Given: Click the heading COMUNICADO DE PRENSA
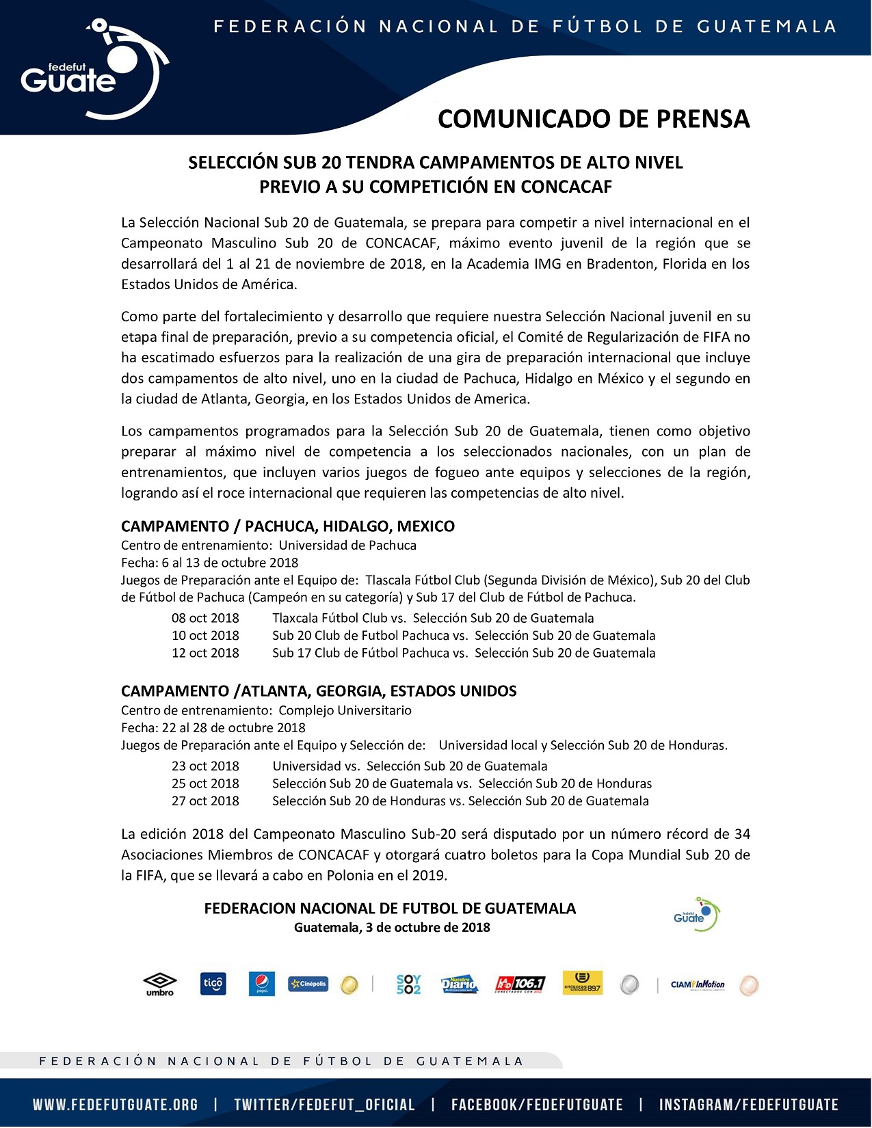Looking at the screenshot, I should (593, 119).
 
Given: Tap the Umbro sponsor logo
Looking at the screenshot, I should (160, 984).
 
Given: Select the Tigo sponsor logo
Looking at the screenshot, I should (213, 984).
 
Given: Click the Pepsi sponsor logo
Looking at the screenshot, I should (261, 984).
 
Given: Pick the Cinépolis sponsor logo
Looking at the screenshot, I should (308, 984).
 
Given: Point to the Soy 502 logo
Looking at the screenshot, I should (408, 984).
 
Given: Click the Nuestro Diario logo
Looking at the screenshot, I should (458, 984).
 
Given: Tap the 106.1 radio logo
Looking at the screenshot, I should (520, 984).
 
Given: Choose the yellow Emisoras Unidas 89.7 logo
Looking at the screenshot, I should (582, 984).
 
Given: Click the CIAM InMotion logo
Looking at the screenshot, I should (698, 984).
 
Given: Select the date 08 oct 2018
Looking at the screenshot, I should (205, 618).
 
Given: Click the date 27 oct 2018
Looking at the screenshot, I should (205, 801).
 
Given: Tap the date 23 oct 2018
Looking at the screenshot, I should (205, 766).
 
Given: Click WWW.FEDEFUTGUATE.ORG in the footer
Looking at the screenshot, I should (116, 1105).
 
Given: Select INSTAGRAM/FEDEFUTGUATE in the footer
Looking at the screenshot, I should (748, 1105).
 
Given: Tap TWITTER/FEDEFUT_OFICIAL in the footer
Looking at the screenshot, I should (324, 1105).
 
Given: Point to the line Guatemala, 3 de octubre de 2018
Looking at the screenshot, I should (392, 928).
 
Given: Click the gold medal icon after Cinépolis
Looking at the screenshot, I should (349, 985).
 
